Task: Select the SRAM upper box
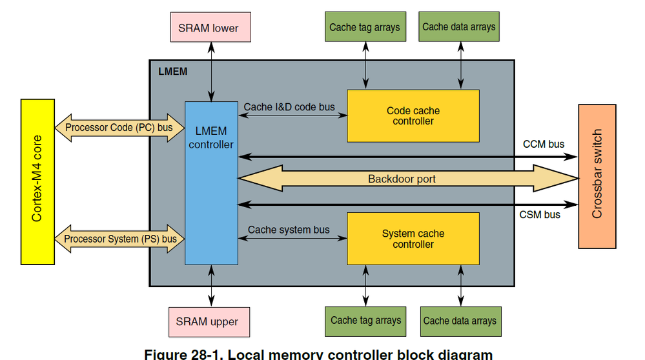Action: tap(207, 321)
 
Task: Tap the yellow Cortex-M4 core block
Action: tap(37, 182)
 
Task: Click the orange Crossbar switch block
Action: tap(597, 175)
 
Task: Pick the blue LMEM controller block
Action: tap(211, 182)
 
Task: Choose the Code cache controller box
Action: tap(413, 116)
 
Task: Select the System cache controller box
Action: tap(413, 239)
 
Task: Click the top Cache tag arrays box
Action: tap(365, 28)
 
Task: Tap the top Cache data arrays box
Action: tap(459, 27)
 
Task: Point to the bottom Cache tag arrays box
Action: tap(365, 321)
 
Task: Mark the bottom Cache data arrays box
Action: tap(460, 321)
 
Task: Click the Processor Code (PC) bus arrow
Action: tap(119, 128)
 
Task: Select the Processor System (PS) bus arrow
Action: tap(119, 239)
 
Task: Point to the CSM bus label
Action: tap(540, 215)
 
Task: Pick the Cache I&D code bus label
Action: tap(290, 106)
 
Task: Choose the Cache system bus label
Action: tap(289, 230)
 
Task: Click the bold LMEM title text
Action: tap(172, 71)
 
